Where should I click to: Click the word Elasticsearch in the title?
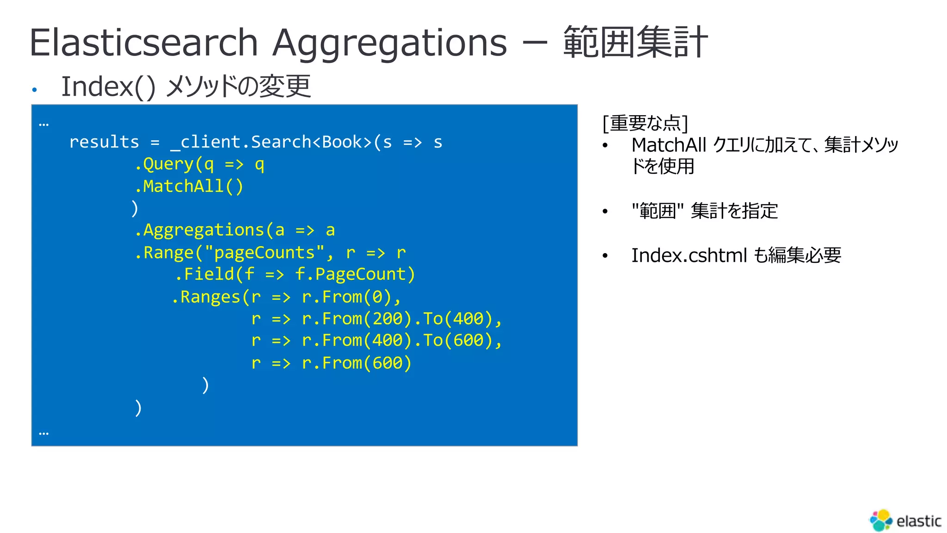point(143,43)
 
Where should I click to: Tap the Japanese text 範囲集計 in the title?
point(635,43)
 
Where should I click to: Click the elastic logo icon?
point(881,521)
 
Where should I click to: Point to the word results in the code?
point(104,142)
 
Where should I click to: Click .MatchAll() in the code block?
point(189,186)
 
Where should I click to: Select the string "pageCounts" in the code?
point(264,253)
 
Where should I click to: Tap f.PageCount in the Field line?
point(355,274)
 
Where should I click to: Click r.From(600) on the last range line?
point(357,363)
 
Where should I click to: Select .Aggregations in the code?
point(199,230)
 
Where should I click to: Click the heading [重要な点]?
point(645,123)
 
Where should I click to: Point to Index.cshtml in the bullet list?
point(689,255)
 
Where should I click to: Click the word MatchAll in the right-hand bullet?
point(669,145)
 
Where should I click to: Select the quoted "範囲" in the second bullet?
point(658,211)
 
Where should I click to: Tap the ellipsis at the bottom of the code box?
point(44,434)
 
